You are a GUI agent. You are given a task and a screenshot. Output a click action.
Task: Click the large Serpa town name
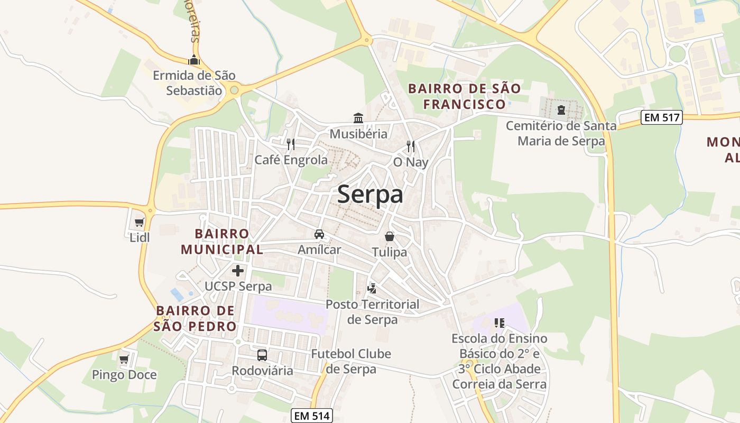coord(370,194)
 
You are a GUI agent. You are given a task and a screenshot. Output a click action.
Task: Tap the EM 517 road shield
coord(661,117)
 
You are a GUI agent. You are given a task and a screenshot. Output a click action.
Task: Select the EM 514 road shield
coord(312,416)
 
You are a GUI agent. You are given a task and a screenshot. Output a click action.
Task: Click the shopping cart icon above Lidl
coord(139,223)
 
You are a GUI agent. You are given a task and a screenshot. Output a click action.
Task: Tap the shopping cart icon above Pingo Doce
coord(124,360)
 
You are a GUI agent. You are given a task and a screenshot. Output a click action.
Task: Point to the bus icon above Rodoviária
coord(262,355)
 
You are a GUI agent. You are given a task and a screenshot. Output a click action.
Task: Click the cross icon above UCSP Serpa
coord(238,271)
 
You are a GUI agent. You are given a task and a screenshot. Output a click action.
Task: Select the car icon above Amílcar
coord(319,234)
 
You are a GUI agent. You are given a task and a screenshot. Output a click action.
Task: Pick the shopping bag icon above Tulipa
coord(390,236)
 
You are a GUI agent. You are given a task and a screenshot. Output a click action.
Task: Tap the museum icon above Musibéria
coord(358,118)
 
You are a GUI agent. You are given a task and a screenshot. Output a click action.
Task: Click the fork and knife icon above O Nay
coord(411,146)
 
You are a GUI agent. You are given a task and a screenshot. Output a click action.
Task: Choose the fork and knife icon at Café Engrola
coord(290,144)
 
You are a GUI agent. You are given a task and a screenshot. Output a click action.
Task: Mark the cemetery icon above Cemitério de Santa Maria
coord(561,110)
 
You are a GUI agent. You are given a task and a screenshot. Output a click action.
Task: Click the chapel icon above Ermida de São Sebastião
coord(194,60)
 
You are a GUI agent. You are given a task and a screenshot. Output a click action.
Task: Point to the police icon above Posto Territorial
coord(372,289)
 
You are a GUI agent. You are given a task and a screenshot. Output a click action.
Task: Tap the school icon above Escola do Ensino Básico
coord(499,323)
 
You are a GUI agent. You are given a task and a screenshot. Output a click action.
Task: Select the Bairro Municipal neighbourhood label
coord(221,241)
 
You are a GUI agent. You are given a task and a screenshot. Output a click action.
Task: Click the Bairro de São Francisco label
coord(465,96)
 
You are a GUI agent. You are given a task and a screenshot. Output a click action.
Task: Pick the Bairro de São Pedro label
coord(196,318)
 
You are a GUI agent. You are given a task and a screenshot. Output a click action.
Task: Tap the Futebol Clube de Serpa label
coord(351,361)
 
